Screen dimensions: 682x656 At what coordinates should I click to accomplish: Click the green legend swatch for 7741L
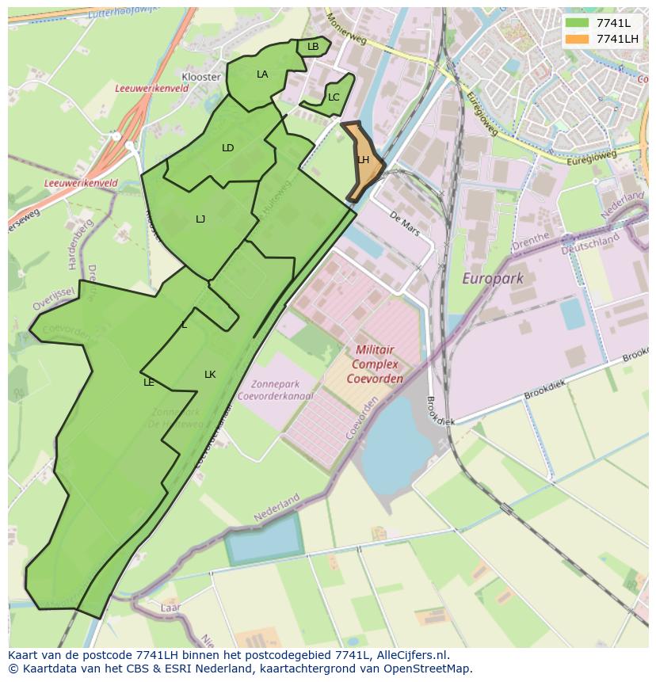577,23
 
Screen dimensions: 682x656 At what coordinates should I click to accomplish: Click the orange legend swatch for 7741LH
577,39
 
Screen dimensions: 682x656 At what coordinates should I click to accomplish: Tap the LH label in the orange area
363,160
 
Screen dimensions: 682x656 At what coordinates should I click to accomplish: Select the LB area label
313,47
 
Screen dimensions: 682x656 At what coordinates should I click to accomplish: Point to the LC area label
334,97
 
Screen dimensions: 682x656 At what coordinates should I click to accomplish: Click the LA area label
262,74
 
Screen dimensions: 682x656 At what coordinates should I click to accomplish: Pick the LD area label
228,148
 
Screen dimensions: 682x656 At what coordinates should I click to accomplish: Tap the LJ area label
200,219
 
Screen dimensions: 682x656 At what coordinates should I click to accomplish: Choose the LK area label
210,375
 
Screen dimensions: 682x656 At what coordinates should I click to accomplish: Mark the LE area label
148,383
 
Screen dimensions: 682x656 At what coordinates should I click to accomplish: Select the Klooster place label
201,77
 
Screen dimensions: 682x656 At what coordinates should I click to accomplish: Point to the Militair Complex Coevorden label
375,364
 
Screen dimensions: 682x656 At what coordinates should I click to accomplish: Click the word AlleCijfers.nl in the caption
410,655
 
